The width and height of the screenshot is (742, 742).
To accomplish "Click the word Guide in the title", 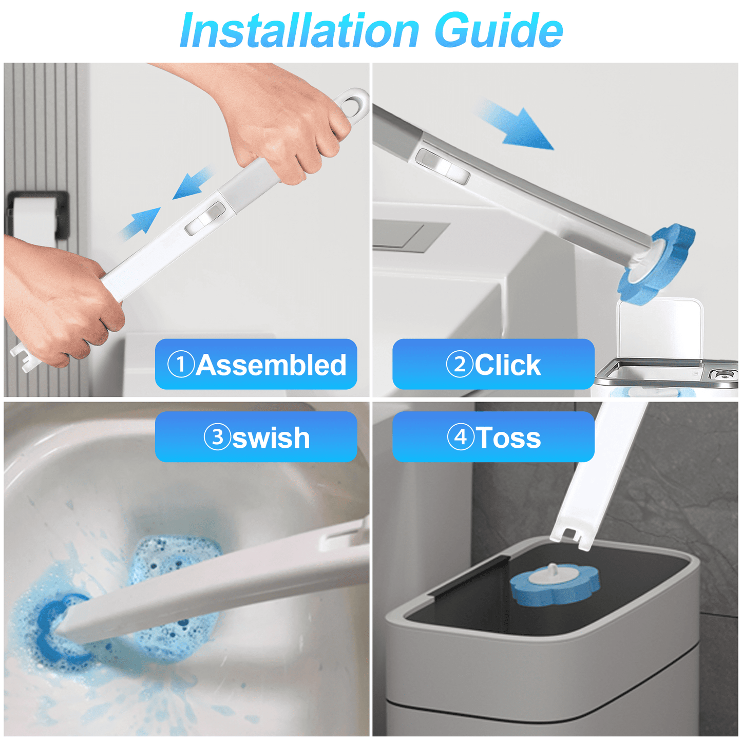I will (x=498, y=31).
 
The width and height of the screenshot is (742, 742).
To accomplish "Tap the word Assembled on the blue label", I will (x=271, y=365).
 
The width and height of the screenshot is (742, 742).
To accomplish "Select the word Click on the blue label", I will (x=507, y=365).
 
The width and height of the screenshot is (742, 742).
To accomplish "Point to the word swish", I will (x=271, y=437).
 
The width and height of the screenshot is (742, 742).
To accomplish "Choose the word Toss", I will (x=508, y=437).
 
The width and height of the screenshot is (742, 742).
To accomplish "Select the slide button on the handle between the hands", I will (x=205, y=219).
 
